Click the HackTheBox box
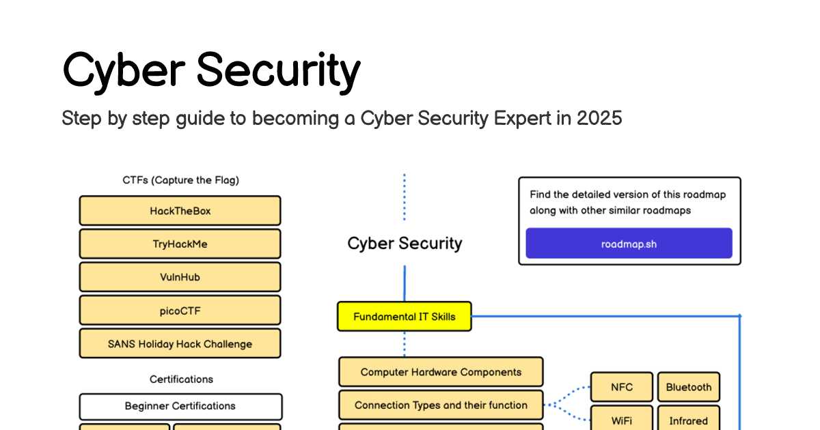point(180,211)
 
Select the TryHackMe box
point(180,244)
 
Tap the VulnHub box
point(180,277)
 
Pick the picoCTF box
point(180,311)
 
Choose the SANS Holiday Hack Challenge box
point(180,344)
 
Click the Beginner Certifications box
point(180,406)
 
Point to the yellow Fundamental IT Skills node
point(404,317)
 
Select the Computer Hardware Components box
point(441,372)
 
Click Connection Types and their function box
point(441,405)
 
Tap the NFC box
point(621,387)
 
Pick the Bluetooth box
point(688,387)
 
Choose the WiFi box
point(621,420)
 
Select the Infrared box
point(688,420)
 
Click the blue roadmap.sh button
point(629,244)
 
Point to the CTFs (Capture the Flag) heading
point(180,180)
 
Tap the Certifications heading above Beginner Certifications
point(181,379)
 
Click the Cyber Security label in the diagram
point(405,244)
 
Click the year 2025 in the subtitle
point(599,118)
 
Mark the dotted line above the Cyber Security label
point(405,197)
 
